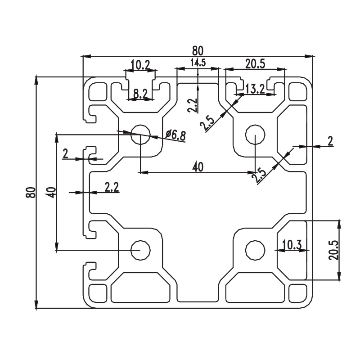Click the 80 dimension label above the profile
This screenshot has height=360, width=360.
[x=198, y=51]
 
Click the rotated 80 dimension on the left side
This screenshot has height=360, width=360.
[x=31, y=193]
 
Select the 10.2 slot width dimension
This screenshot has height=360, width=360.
[x=140, y=65]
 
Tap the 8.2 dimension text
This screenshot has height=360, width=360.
[x=140, y=94]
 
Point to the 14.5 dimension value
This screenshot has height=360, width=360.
[x=198, y=63]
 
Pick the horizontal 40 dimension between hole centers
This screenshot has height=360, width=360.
[x=198, y=167]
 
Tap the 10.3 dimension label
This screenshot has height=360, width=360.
[x=292, y=245]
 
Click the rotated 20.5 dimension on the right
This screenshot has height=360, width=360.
[x=333, y=250]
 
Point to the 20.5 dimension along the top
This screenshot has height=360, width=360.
[x=255, y=64]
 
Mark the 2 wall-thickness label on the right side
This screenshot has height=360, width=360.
[x=330, y=141]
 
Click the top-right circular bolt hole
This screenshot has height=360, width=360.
[x=255, y=134]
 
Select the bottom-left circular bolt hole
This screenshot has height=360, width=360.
[x=140, y=250]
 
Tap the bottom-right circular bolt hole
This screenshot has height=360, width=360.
[x=255, y=250]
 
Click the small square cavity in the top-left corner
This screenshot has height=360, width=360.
[x=98, y=92]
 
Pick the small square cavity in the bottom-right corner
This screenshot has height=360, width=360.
[x=298, y=293]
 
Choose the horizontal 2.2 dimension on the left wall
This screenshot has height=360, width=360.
[x=112, y=187]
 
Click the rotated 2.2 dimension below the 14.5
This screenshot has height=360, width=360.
[x=193, y=105]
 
